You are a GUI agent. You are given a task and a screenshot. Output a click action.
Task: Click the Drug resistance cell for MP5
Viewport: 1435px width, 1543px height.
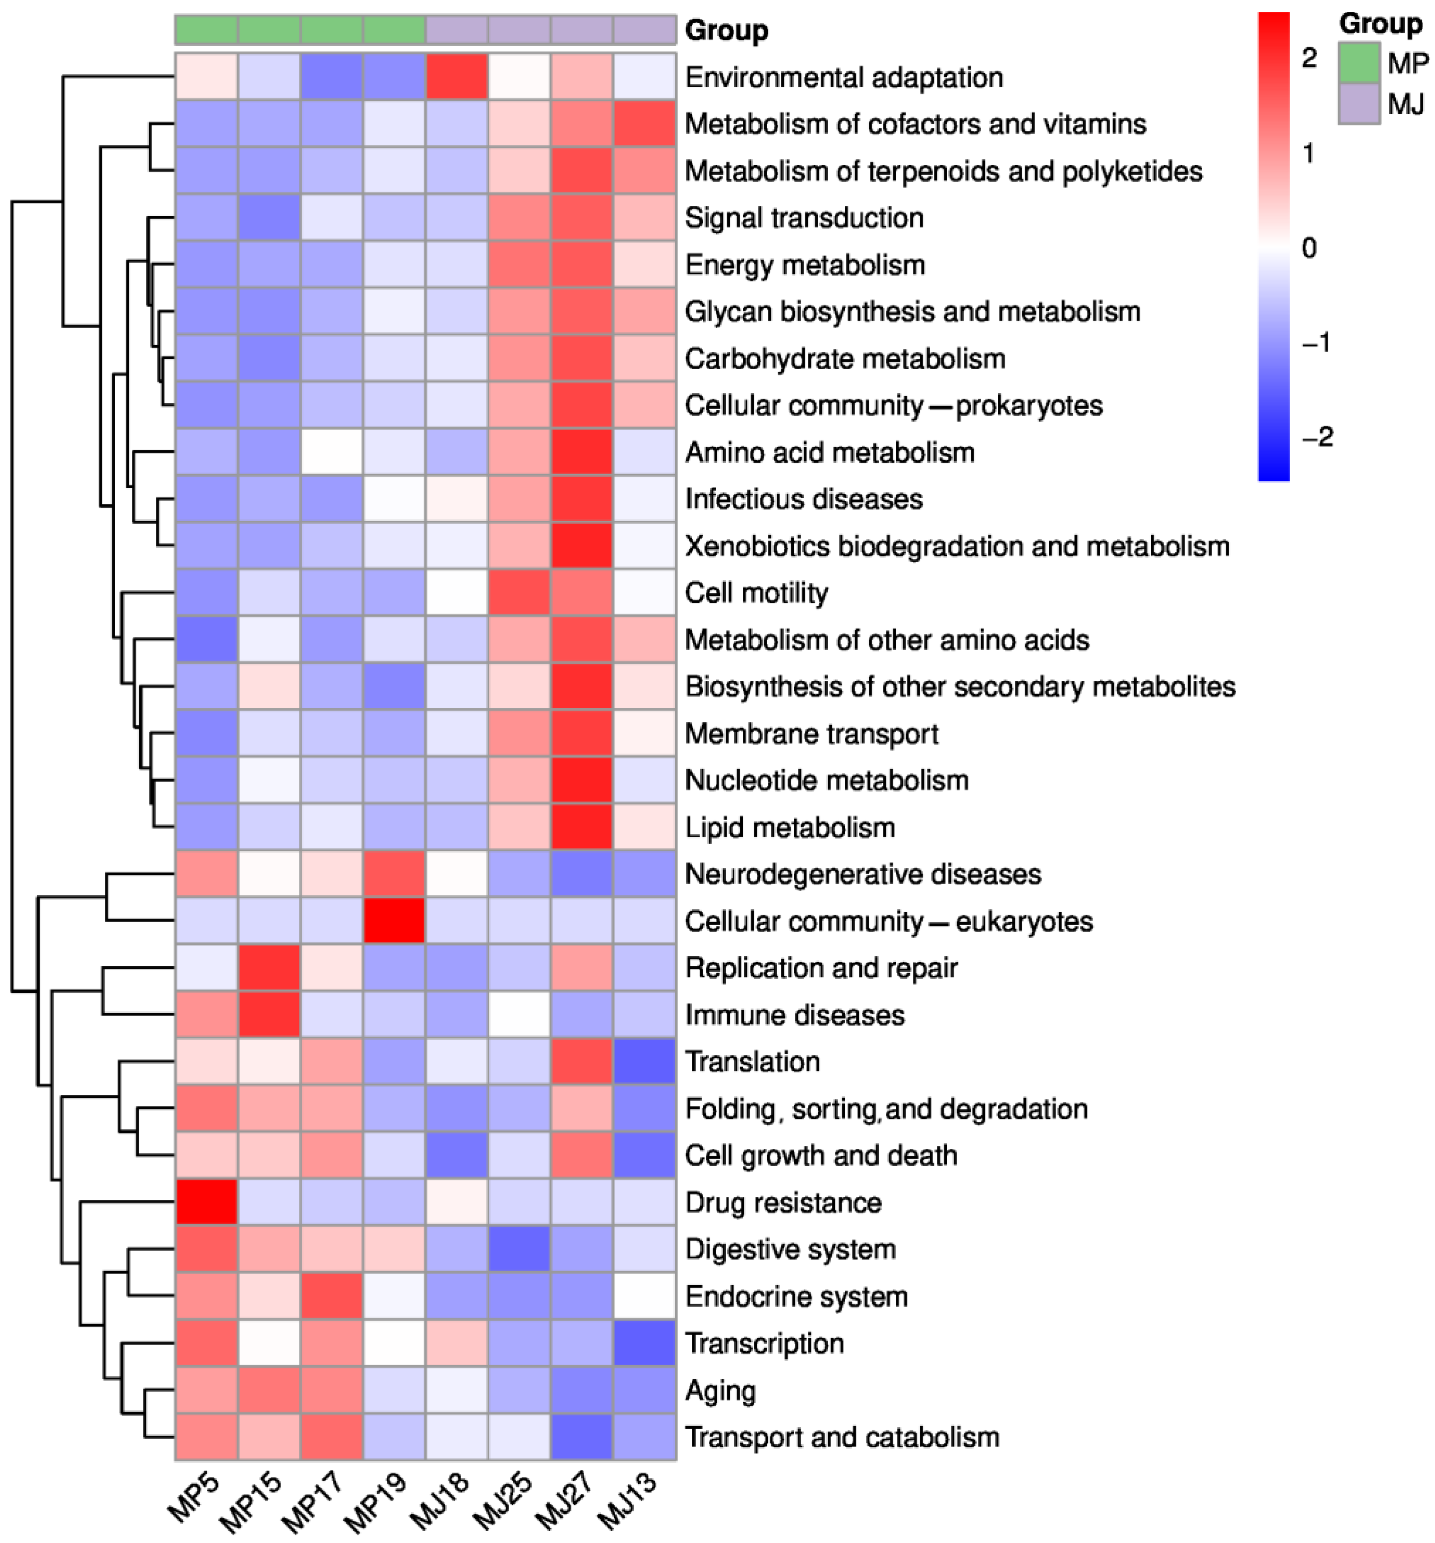[x=206, y=1202]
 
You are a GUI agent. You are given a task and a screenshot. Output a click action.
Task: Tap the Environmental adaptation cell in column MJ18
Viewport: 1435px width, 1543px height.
[x=456, y=77]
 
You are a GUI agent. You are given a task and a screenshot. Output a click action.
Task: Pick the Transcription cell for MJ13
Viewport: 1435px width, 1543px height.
[x=644, y=1343]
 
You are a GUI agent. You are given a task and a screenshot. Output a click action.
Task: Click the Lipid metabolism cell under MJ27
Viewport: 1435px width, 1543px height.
[x=581, y=827]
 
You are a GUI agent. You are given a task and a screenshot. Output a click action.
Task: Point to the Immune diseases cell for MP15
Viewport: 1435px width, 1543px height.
[x=269, y=1015]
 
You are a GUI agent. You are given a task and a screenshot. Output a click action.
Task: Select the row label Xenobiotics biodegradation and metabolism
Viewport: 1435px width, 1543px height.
[x=957, y=546]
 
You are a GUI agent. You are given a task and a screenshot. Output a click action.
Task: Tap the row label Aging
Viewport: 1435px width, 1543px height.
[x=720, y=1390]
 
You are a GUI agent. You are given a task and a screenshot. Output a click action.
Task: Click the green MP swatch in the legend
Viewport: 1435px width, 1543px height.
[x=1358, y=62]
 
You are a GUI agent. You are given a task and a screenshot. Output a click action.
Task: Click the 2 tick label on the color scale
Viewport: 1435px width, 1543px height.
[x=1309, y=58]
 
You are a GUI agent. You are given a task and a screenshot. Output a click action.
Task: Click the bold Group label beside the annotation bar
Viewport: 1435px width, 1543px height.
[x=726, y=30]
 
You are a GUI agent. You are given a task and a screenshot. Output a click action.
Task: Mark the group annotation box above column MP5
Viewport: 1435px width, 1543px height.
[x=206, y=29]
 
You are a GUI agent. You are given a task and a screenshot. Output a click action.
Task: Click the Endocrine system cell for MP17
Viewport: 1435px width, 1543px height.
[x=331, y=1296]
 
